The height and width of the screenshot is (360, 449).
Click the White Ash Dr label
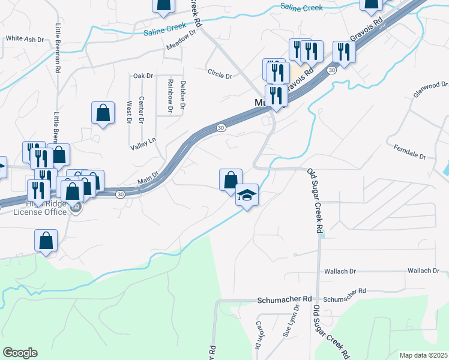click(25, 38)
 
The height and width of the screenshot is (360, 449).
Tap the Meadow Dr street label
click(182, 40)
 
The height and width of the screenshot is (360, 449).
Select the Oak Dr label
click(143, 76)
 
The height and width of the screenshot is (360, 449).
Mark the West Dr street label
click(129, 112)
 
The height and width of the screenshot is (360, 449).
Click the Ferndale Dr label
click(409, 151)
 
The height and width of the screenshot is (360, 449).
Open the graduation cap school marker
click(247, 196)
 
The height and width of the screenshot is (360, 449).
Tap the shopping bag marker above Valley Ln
click(103, 113)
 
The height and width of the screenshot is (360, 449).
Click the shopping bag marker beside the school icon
click(231, 180)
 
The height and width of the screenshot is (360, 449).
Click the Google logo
click(20, 353)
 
